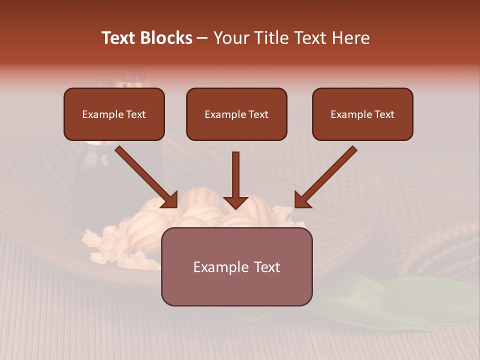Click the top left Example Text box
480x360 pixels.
click(114, 114)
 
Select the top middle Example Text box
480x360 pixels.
click(236, 114)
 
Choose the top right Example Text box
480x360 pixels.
click(362, 114)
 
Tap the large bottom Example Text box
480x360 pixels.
click(236, 267)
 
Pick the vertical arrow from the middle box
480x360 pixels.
click(235, 177)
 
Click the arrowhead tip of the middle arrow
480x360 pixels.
click(235, 207)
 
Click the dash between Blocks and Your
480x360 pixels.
click(202, 38)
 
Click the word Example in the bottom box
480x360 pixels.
click(214, 267)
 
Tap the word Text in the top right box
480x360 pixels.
click(384, 114)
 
